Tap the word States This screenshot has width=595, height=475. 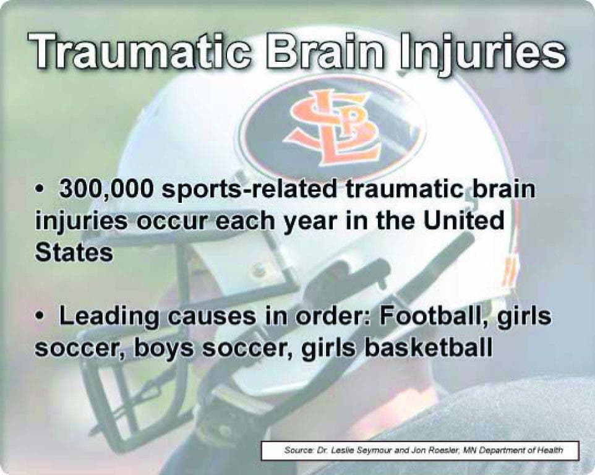74,252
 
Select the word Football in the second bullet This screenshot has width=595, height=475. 432,315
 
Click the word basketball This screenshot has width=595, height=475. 429,347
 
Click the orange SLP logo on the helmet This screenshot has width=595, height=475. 335,127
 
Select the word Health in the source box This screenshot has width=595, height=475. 552,450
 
